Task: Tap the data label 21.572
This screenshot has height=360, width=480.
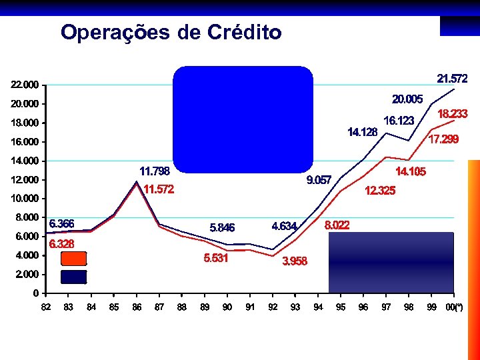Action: tap(452, 78)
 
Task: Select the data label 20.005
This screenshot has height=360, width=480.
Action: tap(407, 99)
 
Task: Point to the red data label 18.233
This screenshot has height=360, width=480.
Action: tap(452, 114)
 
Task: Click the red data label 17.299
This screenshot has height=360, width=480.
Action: tap(443, 139)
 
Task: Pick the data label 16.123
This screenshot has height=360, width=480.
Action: tap(399, 121)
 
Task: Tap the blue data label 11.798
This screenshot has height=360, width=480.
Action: tap(154, 171)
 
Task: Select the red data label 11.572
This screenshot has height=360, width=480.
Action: tap(159, 189)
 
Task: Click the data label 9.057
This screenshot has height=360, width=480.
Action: tap(319, 180)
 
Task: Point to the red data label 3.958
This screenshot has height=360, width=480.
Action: tap(295, 261)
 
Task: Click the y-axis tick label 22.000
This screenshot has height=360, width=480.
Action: tap(24, 85)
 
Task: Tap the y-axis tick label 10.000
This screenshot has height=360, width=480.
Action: tap(24, 199)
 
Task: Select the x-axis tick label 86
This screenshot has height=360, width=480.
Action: tap(136, 307)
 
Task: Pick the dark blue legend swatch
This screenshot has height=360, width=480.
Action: tap(73, 276)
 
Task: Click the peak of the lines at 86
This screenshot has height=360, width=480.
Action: tap(137, 182)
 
